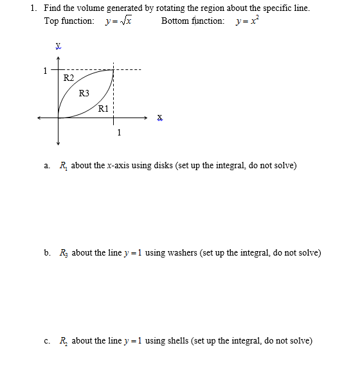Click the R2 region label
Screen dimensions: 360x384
pos(69,78)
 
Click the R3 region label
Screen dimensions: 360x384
pos(84,93)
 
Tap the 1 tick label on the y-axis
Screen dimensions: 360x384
pos(44,70)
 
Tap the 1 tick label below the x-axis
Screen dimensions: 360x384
pos(119,133)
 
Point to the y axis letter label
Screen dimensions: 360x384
pos(58,46)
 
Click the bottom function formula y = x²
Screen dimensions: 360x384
pos(248,21)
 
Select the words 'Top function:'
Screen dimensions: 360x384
pos(69,21)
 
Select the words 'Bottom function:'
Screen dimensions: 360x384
pos(193,21)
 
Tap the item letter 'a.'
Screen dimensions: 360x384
pos(47,165)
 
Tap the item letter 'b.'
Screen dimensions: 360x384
pos(48,252)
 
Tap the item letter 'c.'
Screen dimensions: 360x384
pos(47,340)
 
